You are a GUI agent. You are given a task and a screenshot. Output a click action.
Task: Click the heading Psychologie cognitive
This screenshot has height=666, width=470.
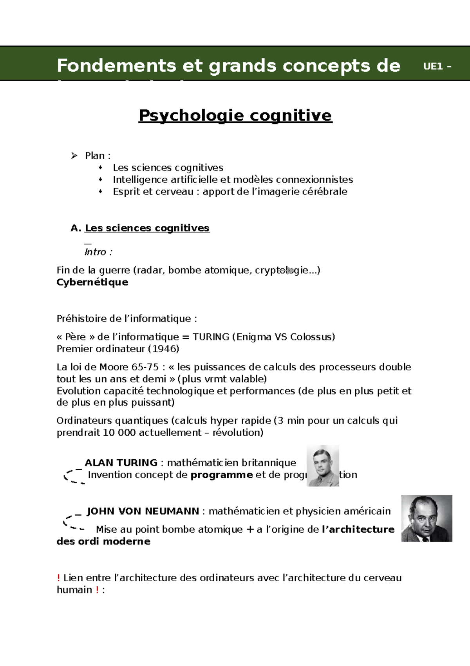[x=235, y=115]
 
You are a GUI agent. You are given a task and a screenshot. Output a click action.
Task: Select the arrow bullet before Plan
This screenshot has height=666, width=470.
[x=74, y=156]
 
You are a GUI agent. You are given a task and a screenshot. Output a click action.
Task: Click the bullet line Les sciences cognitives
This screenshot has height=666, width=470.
[x=168, y=168]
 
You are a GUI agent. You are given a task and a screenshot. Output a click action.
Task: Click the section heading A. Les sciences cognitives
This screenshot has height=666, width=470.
[x=140, y=228]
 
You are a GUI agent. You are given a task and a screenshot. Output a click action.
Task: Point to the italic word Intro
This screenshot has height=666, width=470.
[x=95, y=252]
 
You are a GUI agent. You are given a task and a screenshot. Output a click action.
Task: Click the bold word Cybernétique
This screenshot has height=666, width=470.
[x=92, y=282]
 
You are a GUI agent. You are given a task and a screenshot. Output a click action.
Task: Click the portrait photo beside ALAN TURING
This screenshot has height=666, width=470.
[x=323, y=466]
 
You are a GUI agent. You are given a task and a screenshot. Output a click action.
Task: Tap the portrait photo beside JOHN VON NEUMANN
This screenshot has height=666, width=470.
[x=427, y=518]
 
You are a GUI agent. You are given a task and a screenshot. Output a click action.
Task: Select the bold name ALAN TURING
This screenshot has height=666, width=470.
[x=121, y=463]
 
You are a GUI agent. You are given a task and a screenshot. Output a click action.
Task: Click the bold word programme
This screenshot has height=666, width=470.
[x=221, y=475]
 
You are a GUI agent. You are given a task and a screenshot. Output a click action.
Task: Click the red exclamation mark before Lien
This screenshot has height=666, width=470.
[x=58, y=578]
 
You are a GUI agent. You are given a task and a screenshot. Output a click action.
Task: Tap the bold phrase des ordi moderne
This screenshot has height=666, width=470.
[x=103, y=542]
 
